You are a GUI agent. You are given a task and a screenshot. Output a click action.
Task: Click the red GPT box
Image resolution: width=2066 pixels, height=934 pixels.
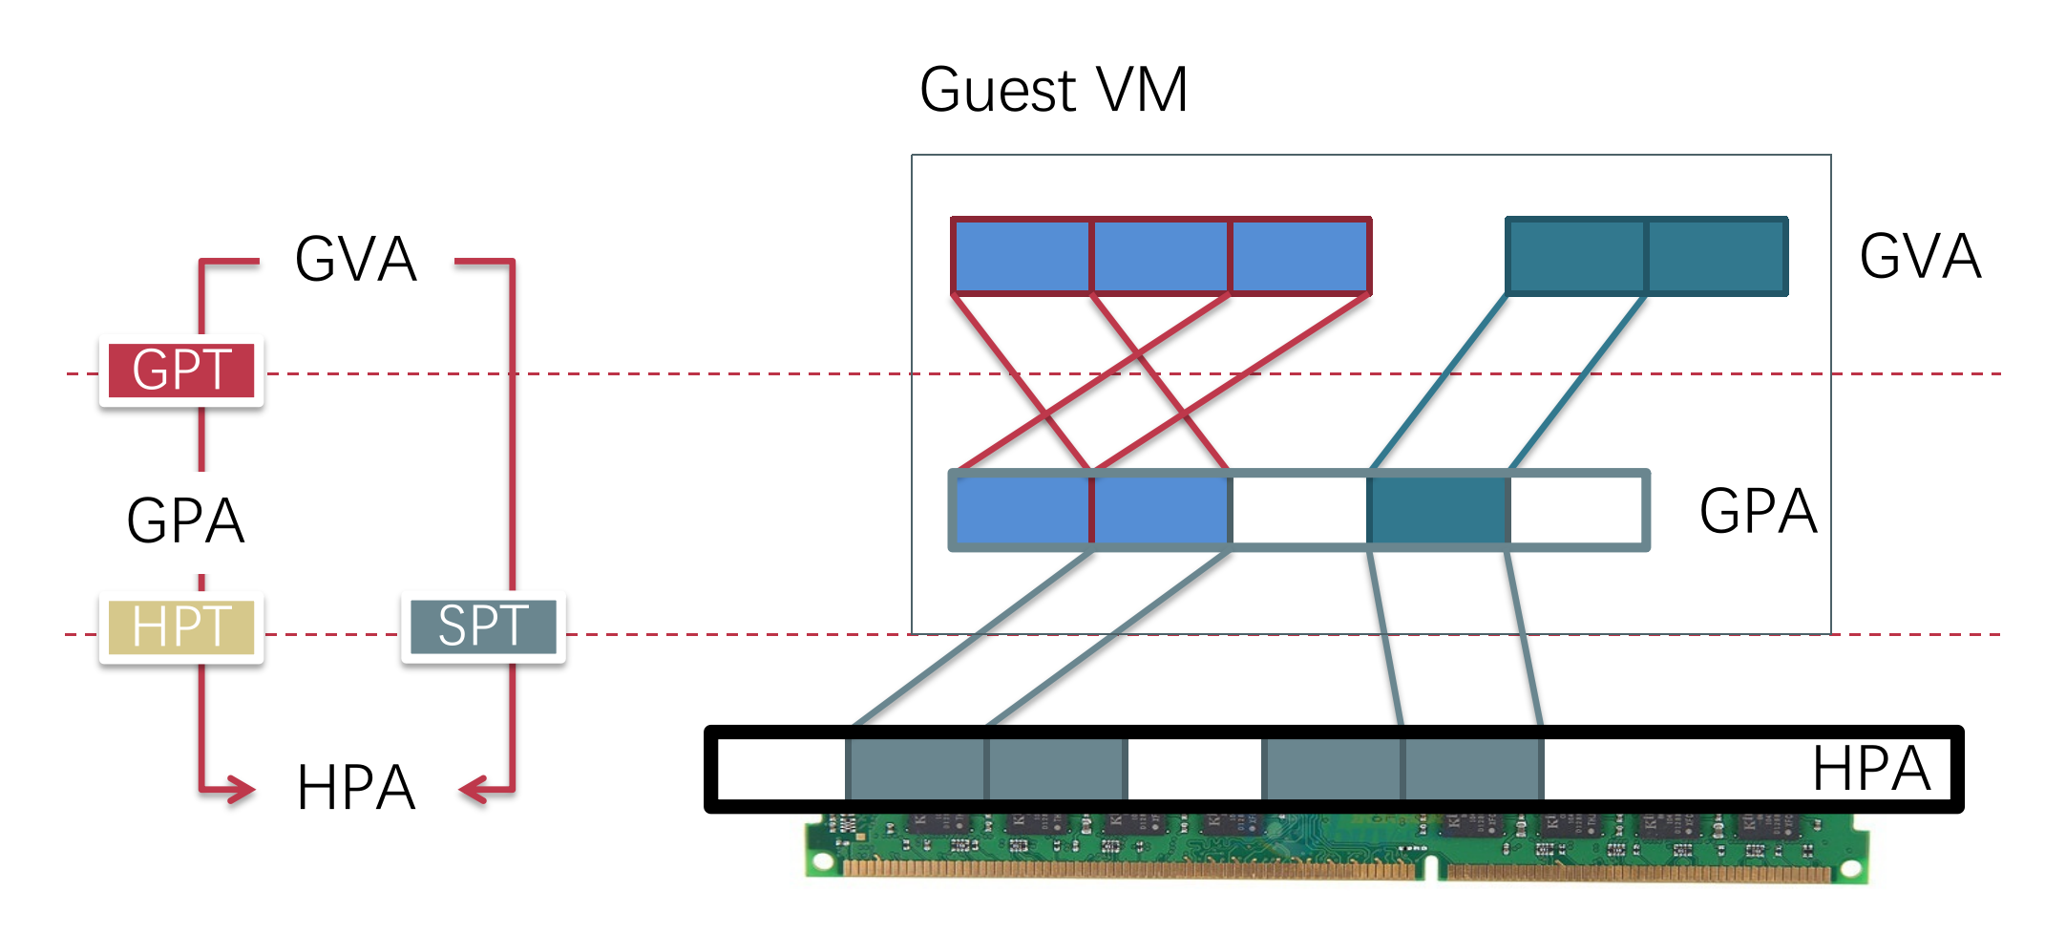pos(181,371)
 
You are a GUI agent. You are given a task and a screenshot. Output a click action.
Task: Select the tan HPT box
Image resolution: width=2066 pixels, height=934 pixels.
pos(181,627)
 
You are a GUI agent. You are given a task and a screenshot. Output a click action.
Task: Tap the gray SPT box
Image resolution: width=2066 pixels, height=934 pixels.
pos(483,627)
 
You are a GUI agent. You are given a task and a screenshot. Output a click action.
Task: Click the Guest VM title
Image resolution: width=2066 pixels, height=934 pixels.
pos(1053,90)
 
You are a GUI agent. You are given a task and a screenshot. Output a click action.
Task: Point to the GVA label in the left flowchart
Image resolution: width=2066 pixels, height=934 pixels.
pos(356,259)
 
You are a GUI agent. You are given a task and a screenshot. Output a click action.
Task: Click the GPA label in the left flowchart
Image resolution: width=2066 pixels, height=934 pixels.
pos(186,520)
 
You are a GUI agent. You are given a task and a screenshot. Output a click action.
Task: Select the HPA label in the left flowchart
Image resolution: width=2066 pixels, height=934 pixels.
pos(356,788)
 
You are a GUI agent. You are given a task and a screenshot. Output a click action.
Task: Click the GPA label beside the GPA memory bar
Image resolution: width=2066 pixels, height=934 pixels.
pos(1759,511)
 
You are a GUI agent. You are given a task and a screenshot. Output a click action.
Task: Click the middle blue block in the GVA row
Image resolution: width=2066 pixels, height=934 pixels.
pos(1161,256)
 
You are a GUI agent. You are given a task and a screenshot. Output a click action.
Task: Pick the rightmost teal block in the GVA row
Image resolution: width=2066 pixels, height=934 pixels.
pos(1717,256)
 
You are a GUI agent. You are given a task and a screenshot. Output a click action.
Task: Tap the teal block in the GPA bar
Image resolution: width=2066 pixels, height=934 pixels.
pos(1439,510)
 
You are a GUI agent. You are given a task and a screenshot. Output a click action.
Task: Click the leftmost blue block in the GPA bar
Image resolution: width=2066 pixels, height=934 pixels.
pos(1022,510)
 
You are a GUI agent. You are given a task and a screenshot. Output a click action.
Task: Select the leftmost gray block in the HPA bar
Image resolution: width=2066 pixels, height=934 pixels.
pos(916,769)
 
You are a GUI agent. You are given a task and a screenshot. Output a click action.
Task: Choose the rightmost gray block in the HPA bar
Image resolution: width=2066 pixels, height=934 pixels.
pos(1473,769)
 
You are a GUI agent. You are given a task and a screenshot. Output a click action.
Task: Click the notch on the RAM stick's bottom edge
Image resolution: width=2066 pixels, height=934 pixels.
pos(1430,868)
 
